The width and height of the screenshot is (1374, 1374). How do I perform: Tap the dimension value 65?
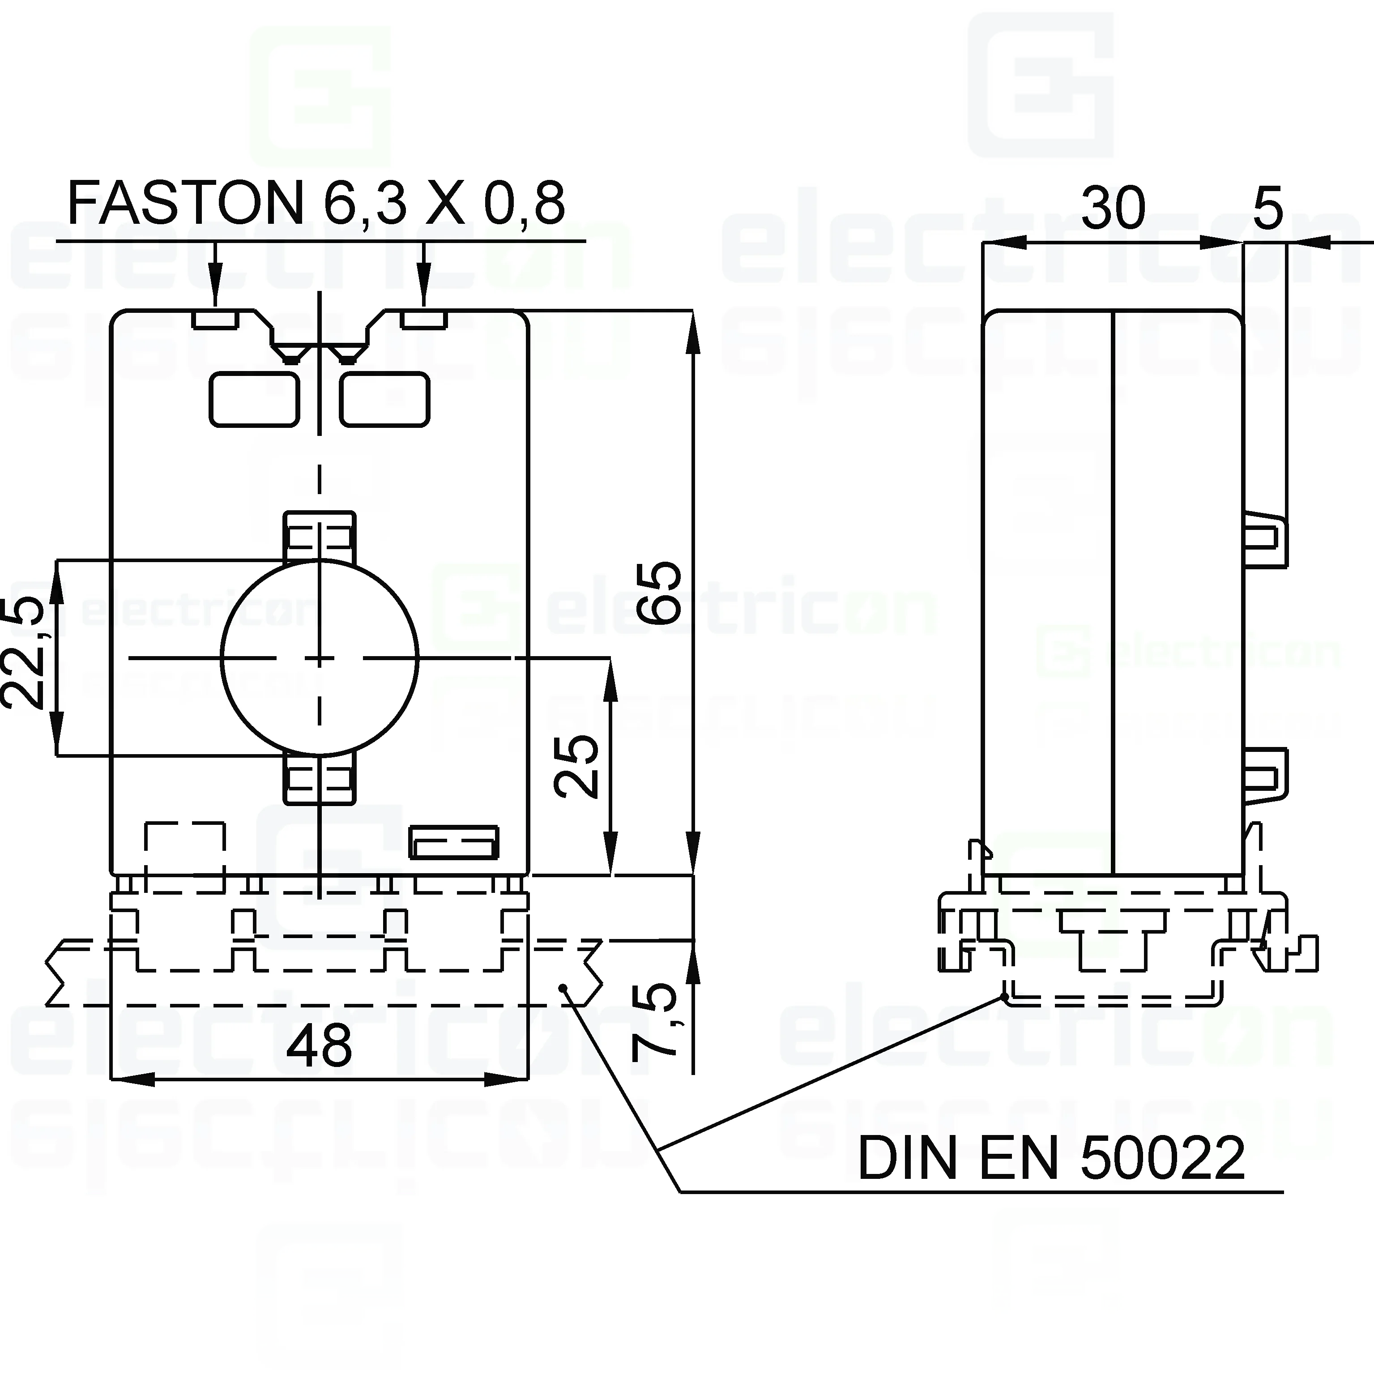658,593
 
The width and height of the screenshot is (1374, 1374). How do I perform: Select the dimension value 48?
319,1046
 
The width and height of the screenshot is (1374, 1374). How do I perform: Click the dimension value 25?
576,767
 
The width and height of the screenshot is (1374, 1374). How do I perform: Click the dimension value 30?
1113,208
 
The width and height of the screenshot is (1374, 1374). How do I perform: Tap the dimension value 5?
1268,208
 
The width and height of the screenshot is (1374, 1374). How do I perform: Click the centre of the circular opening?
319,658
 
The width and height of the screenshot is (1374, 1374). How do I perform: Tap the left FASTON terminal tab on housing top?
215,319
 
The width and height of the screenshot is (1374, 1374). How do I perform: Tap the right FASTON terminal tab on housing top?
424,319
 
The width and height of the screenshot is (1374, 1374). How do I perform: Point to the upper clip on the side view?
1266,541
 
